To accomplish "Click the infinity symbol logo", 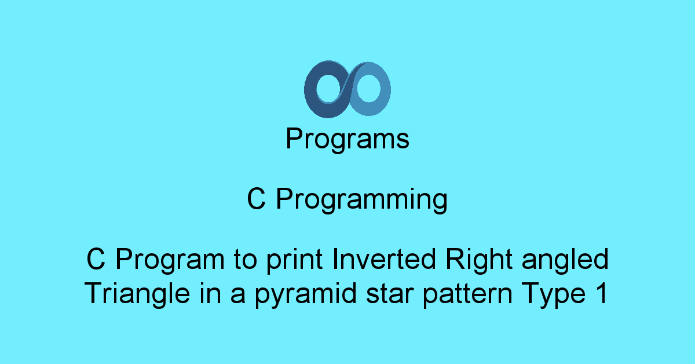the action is pyautogui.click(x=347, y=89).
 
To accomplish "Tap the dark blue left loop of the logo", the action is pyautogui.click(x=310, y=90).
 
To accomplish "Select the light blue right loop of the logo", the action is pyautogui.click(x=385, y=90).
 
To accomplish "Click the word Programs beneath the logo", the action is pyautogui.click(x=348, y=139).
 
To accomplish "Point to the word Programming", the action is pyautogui.click(x=362, y=199).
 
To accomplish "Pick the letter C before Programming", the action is pyautogui.click(x=256, y=199).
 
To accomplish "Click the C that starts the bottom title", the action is pyautogui.click(x=96, y=259).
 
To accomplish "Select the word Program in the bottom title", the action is pyautogui.click(x=170, y=261).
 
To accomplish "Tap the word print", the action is pyautogui.click(x=294, y=261).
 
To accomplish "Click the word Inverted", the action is pyautogui.click(x=384, y=259).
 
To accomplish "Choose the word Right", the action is pyautogui.click(x=479, y=261).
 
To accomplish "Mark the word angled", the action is pyautogui.click(x=565, y=261).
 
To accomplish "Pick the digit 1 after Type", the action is pyautogui.click(x=602, y=293).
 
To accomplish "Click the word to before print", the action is pyautogui.click(x=246, y=260).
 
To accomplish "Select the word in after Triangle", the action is pyautogui.click(x=211, y=293).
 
